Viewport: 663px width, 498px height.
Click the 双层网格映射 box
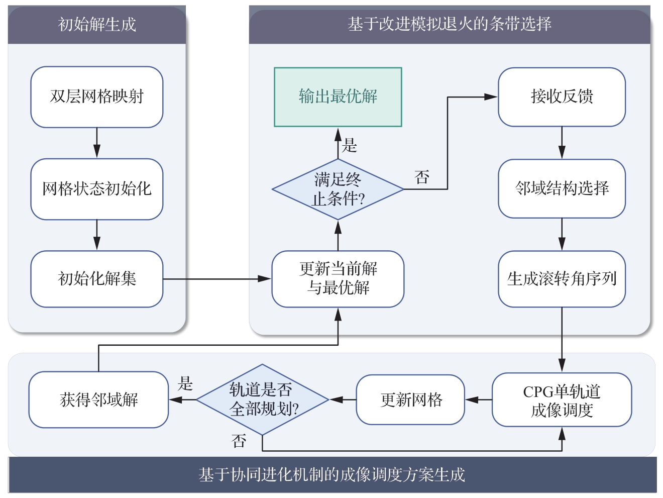pos(96,97)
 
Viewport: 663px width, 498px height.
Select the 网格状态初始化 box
pos(96,189)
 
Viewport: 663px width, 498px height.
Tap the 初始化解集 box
pos(96,279)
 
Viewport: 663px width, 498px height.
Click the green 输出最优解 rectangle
pos(338,97)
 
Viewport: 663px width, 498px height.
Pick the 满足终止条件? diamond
pos(338,189)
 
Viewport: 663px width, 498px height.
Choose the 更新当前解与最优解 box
pos(338,279)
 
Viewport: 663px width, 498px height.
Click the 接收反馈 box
pos(562,97)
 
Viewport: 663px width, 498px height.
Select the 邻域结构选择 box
pos(562,188)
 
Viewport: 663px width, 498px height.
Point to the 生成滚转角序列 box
pos(562,279)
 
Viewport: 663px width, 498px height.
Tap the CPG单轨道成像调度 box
pos(562,400)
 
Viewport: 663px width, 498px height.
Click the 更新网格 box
pos(410,400)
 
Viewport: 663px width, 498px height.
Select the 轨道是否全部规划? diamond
pos(262,400)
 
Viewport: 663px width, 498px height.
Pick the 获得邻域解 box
pos(98,400)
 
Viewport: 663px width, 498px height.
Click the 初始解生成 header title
pos(97,24)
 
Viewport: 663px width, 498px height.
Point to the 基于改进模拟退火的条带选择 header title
pos(450,24)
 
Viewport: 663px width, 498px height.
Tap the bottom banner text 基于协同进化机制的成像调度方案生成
pos(331,475)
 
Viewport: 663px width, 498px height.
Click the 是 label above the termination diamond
pos(350,145)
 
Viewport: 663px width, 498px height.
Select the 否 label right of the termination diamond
pos(422,177)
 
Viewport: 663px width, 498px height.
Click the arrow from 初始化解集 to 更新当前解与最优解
pos(217,279)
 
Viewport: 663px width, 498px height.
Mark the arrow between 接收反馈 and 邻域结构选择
pos(562,143)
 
